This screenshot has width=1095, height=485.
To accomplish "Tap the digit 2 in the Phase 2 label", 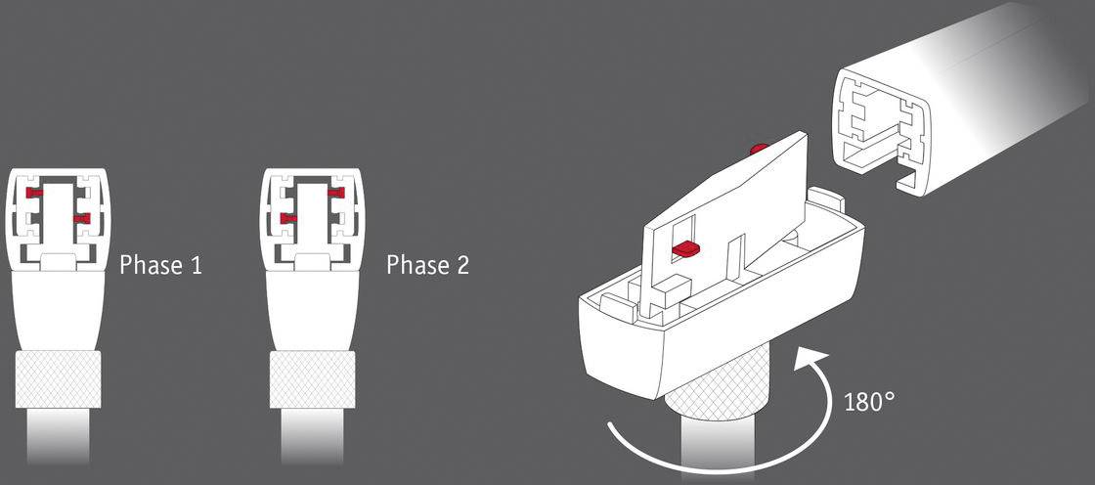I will click(x=460, y=265).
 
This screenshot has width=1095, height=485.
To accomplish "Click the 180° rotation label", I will click(x=867, y=401).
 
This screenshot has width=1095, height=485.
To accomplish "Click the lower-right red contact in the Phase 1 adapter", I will click(x=81, y=217).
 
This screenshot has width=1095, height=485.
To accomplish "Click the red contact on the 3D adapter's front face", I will click(x=687, y=249).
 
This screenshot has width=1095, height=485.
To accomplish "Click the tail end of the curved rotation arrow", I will click(x=611, y=427).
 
